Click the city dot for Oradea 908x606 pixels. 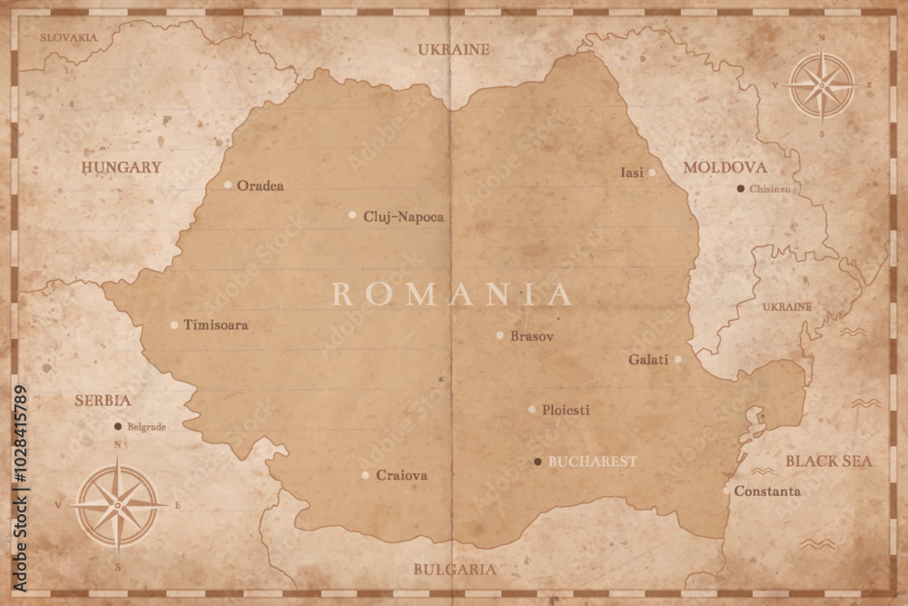(x=228, y=184)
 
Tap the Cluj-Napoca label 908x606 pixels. (x=403, y=216)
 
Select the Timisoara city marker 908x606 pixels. (x=174, y=324)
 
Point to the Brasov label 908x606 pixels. (x=531, y=335)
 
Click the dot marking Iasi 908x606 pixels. (x=652, y=172)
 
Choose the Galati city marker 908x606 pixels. (x=677, y=359)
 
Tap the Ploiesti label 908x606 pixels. (x=565, y=410)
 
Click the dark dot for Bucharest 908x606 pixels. (x=538, y=462)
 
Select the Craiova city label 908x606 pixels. (x=401, y=475)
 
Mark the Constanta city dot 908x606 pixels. (x=726, y=491)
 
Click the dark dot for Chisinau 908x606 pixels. (x=741, y=188)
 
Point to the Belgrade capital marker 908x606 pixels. (x=117, y=426)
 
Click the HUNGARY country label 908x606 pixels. (x=121, y=167)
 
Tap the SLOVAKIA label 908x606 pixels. (x=68, y=37)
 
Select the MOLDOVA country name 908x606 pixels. (x=725, y=167)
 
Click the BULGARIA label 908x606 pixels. (x=455, y=570)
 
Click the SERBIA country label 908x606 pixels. (x=103, y=400)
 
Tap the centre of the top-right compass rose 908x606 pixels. (x=822, y=85)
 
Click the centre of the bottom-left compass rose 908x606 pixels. (x=118, y=504)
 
